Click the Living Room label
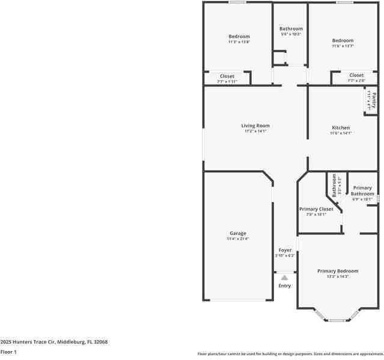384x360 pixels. [x=255, y=126]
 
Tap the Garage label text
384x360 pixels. [x=237, y=233]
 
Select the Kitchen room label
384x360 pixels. [x=341, y=127]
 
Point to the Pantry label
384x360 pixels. [x=373, y=100]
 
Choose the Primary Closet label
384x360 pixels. [x=316, y=209]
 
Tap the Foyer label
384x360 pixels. [x=285, y=250]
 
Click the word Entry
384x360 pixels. [x=285, y=285]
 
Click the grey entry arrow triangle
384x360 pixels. [x=285, y=278]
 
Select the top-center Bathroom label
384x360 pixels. [x=291, y=28]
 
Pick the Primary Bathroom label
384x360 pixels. [x=362, y=191]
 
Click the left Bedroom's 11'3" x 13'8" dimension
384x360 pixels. [x=239, y=42]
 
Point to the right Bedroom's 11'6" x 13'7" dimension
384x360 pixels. [x=343, y=46]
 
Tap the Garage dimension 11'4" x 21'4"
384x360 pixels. [x=237, y=239]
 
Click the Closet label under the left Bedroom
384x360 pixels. [x=227, y=76]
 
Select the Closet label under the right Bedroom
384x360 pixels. [x=356, y=75]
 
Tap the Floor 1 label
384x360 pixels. [x=8, y=352]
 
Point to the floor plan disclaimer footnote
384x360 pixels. [x=290, y=353]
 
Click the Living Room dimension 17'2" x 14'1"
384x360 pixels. [x=255, y=131]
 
